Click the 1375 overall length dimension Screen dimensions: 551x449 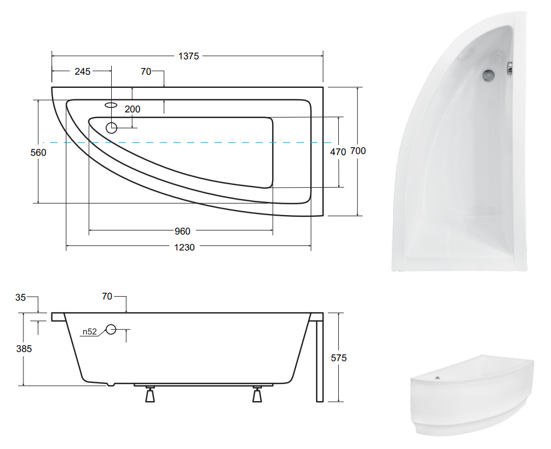pos(188,56)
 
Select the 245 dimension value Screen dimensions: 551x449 pos(83,71)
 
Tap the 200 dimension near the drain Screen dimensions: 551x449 pos(132,110)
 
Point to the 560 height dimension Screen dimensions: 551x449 pos(38,152)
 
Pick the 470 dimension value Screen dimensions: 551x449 pos(338,152)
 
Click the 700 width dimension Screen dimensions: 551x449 pos(358,151)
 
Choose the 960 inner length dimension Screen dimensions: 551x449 pos(183,232)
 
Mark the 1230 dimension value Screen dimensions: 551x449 pos(184,248)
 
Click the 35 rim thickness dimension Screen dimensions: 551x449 pos(21,297)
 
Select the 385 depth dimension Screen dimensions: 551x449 pos(24,349)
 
